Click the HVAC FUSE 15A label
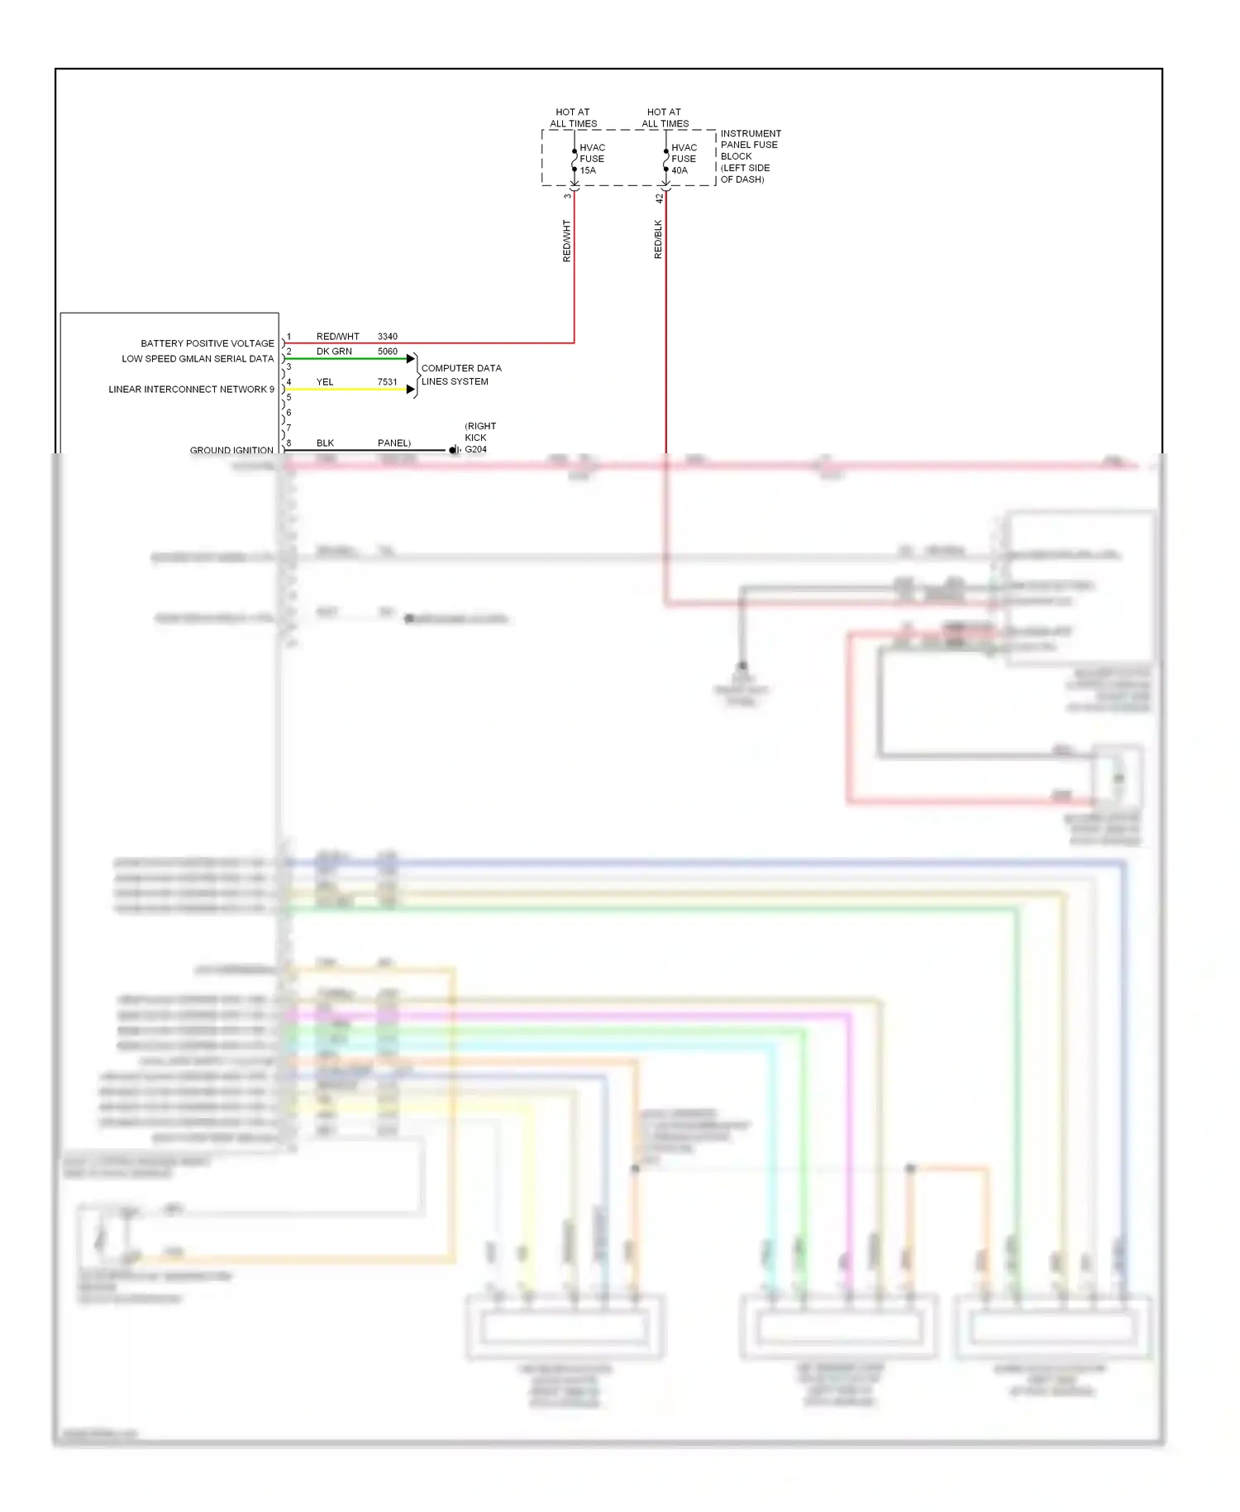[592, 159]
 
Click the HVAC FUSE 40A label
[684, 159]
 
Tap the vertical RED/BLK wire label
[658, 239]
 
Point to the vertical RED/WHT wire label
[566, 241]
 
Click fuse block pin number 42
[659, 199]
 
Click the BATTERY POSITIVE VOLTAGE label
[207, 343]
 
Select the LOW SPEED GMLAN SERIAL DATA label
[198, 359]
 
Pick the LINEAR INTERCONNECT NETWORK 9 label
[191, 390]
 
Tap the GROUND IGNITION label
[231, 450]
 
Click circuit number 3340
[387, 337]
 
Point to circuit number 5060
[387, 352]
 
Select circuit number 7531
[387, 382]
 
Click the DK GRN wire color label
[334, 352]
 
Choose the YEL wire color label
[325, 382]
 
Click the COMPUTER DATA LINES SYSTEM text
[460, 375]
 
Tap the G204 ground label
[475, 450]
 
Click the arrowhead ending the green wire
[411, 359]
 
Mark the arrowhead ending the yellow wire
[411, 390]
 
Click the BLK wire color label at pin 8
[325, 443]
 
